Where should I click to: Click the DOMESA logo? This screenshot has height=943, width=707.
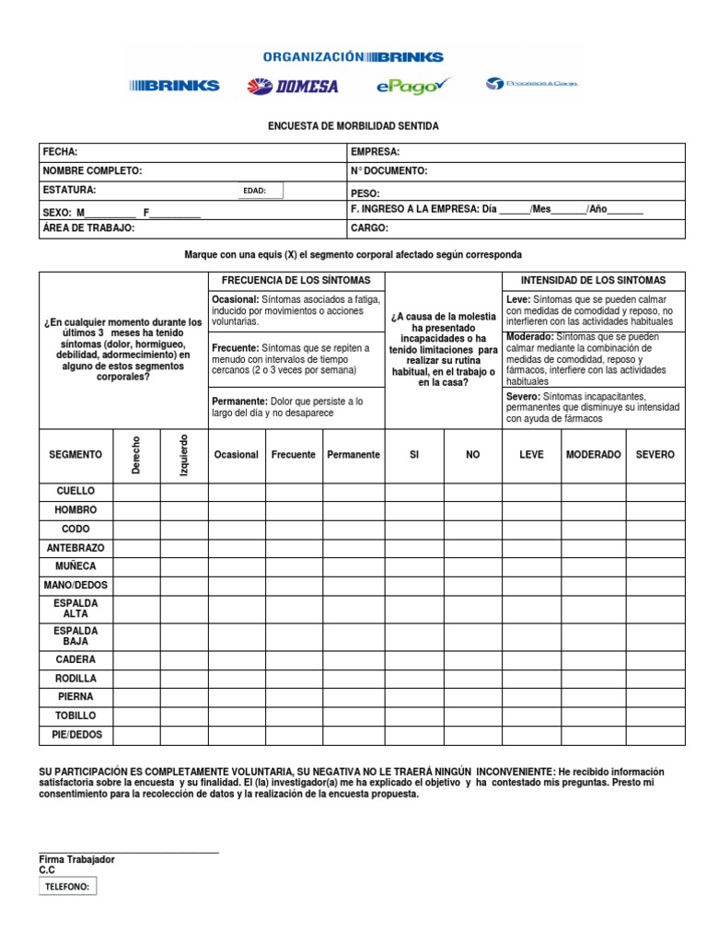[292, 87]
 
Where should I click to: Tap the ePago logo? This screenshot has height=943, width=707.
[415, 86]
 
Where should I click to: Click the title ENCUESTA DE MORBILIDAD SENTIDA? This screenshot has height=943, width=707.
[353, 125]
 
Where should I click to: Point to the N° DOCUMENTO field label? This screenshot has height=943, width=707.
[388, 171]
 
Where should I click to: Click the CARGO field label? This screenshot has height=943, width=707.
[370, 227]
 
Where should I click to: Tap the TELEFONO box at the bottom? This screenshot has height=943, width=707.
[68, 887]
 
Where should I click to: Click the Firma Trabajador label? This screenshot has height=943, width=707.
[76, 859]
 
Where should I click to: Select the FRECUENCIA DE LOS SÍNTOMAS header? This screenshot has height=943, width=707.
[296, 280]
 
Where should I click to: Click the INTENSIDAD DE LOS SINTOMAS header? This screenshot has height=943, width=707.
[593, 280]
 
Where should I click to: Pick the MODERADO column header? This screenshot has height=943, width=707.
[594, 455]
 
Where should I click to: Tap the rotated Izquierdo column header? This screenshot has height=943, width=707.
[183, 455]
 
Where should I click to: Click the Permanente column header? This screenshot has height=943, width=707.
[353, 455]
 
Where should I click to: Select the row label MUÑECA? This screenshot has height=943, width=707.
[75, 566]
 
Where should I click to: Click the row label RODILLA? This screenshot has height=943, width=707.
[75, 679]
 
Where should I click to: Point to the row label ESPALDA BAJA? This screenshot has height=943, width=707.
[75, 635]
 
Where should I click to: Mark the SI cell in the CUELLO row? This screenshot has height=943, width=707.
[414, 492]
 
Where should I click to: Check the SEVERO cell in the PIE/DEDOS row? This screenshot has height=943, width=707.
[655, 735]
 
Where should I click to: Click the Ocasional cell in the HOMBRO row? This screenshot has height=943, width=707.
[237, 510]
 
